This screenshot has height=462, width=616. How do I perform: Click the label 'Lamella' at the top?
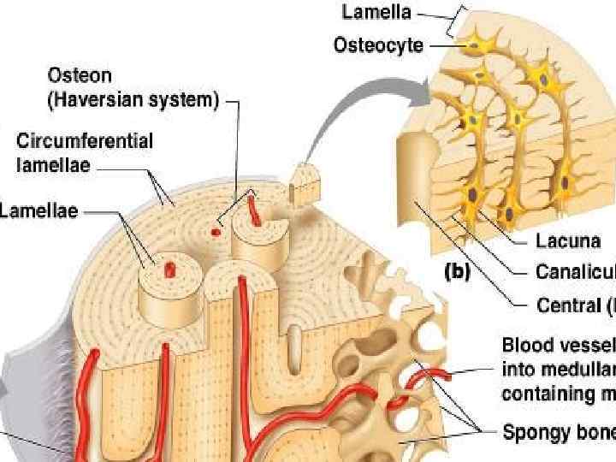(x=376, y=12)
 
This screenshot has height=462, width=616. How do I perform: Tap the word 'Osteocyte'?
(x=377, y=44)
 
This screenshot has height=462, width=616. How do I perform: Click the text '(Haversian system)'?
(x=132, y=101)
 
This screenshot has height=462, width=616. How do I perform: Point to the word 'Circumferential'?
(x=85, y=141)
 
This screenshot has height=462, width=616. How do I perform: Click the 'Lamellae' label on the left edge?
(x=38, y=210)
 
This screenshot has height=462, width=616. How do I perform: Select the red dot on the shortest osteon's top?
(x=169, y=269)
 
